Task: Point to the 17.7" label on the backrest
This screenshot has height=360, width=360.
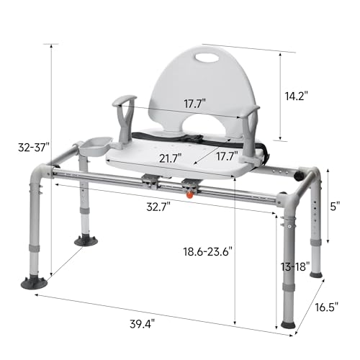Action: (x=193, y=104)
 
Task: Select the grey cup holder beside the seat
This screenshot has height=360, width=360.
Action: (x=91, y=146)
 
